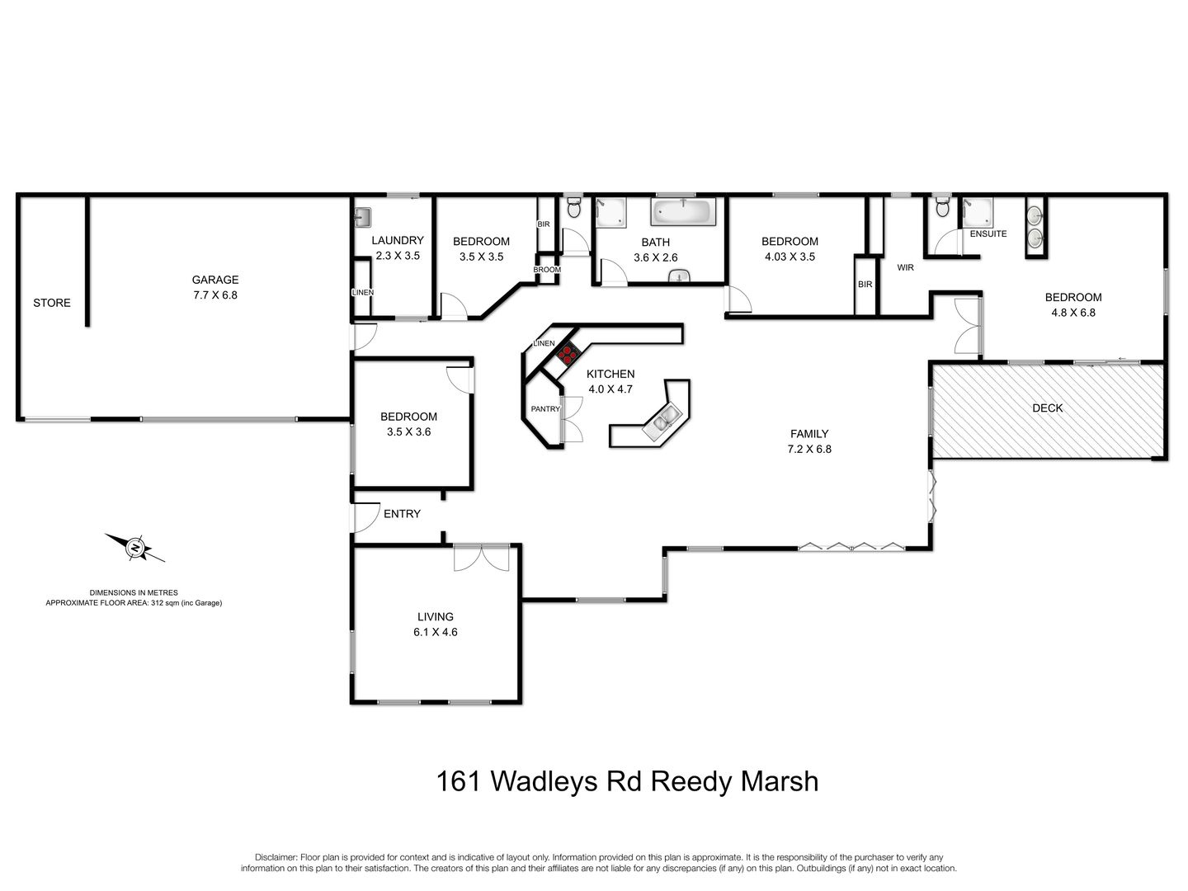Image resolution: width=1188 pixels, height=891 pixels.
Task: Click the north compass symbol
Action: click(x=134, y=547)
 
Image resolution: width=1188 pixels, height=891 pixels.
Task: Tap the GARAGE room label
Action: click(x=215, y=280)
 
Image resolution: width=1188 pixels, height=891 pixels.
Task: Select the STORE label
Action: click(x=52, y=303)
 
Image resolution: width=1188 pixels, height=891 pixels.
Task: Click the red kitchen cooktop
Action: click(x=567, y=355)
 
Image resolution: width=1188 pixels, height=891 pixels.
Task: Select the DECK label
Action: click(x=1048, y=408)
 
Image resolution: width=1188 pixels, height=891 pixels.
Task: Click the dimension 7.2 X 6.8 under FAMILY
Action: click(x=808, y=449)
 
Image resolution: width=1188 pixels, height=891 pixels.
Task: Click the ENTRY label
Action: click(x=402, y=513)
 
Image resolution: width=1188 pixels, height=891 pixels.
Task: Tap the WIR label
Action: click(x=905, y=267)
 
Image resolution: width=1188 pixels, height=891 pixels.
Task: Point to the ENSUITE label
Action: click(x=988, y=233)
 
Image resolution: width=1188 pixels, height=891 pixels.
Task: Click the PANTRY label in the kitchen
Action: click(x=545, y=408)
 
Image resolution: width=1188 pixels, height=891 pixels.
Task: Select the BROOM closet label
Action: click(x=546, y=270)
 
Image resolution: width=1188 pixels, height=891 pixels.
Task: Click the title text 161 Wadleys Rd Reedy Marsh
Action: click(x=627, y=780)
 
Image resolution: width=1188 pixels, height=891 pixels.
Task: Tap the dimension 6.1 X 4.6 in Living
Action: click(x=435, y=632)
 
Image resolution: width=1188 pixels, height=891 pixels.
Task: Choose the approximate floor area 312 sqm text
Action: click(x=134, y=603)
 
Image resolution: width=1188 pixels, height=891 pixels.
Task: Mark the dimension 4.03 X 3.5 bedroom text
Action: click(x=790, y=256)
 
